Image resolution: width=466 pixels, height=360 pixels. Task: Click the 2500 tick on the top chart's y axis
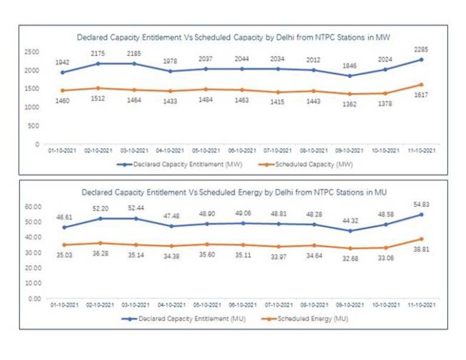pos(31,52)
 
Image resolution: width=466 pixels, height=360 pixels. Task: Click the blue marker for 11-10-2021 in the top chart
pos(421,59)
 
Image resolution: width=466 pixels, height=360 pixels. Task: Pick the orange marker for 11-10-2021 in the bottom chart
pos(421,239)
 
